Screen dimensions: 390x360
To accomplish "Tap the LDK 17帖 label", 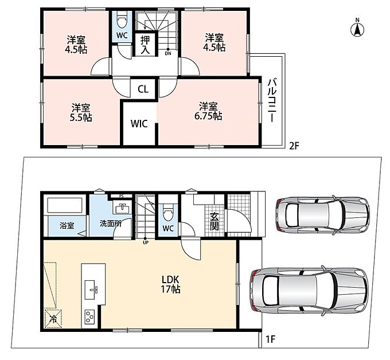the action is [x=171, y=284].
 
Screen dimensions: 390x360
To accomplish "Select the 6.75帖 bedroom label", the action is [x=208, y=111].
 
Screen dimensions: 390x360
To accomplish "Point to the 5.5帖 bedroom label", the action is [x=81, y=112].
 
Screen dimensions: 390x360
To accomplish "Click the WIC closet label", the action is [x=139, y=124].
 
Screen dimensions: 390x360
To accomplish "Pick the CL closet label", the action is [x=143, y=89].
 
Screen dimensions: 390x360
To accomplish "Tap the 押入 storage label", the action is [x=145, y=45].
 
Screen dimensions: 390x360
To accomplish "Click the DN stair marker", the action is [x=168, y=52].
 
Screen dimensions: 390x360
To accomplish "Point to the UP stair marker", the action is [x=146, y=241].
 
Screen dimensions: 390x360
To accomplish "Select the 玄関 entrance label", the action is [x=214, y=222].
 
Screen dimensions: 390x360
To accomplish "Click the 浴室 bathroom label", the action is [x=67, y=226].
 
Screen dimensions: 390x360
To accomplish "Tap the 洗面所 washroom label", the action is [x=111, y=224].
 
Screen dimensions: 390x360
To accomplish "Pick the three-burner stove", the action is [x=90, y=316].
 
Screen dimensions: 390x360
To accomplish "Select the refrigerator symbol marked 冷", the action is [x=53, y=318].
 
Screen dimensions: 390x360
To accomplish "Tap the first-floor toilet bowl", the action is [x=168, y=212].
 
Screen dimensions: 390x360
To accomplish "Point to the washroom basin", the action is [x=122, y=208].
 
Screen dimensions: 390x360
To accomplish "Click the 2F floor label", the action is [x=294, y=146].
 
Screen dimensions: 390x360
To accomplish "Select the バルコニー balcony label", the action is [x=272, y=100].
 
